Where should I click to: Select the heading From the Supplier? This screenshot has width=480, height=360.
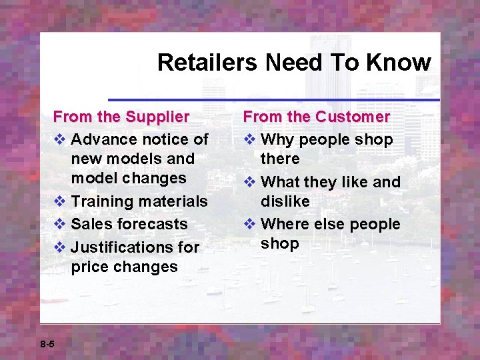tap(121, 117)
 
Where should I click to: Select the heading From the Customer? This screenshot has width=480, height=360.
tap(317, 117)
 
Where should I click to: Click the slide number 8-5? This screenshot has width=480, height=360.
tap(47, 344)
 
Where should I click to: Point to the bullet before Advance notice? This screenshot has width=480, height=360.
tap(59, 140)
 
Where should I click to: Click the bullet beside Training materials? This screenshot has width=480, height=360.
tap(59, 201)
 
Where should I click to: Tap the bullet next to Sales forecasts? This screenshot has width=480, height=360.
tap(59, 224)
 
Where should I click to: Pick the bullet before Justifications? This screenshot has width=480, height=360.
tap(59, 247)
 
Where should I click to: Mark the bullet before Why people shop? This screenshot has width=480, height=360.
tap(249, 140)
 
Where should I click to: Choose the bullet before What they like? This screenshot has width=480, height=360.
tap(249, 182)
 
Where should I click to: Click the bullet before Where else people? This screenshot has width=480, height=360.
tap(249, 225)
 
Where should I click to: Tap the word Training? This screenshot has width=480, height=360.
tap(101, 201)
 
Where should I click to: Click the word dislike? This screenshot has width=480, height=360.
tap(285, 201)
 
